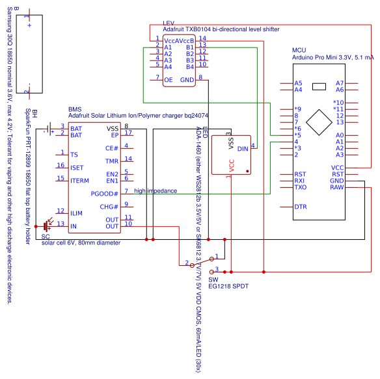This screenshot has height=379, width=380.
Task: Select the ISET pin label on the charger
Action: tap(77, 168)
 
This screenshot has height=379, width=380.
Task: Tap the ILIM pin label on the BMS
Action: tap(76, 213)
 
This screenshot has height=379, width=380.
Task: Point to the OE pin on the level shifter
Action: tap(168, 79)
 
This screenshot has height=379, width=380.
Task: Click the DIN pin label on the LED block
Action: tap(243, 149)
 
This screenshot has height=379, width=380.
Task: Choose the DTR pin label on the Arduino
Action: tap(300, 207)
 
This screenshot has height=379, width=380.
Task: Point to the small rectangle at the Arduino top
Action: tap(319, 86)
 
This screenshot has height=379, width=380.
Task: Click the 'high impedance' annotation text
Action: tap(155, 191)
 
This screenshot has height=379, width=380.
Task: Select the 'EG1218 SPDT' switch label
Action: tap(228, 285)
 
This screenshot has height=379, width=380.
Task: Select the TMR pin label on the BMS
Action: tap(112, 161)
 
